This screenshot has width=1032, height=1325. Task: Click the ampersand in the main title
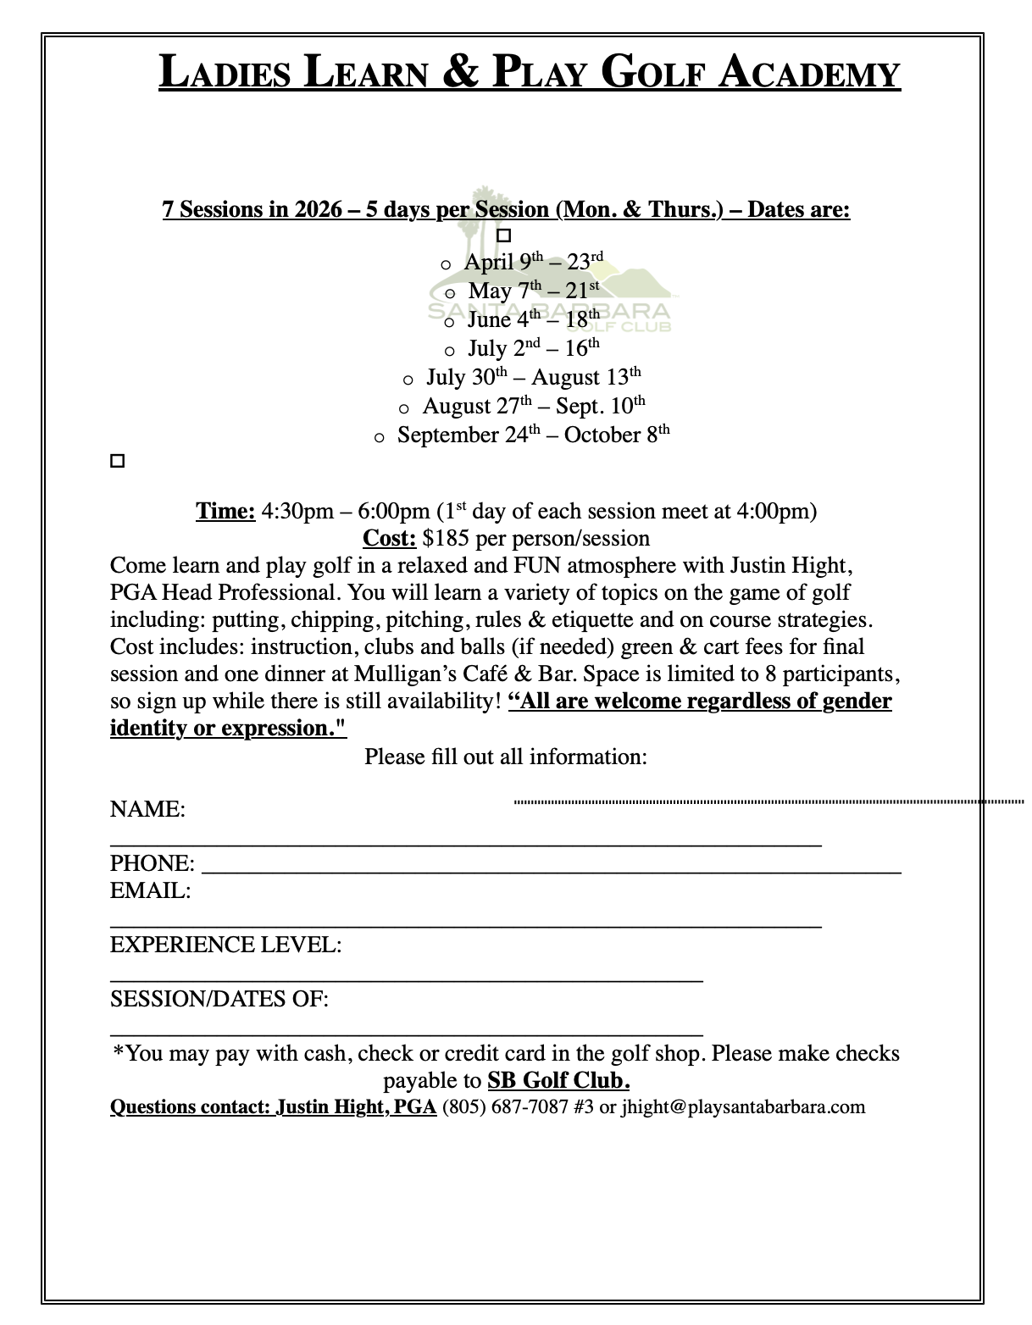pos(462,72)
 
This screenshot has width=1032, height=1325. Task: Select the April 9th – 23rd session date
pos(533,261)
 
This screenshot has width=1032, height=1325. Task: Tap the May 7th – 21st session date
pos(534,290)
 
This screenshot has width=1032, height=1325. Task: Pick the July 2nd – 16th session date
pos(533,348)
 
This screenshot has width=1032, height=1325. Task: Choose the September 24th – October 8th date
pos(533,435)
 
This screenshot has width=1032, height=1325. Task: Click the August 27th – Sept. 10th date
pos(534,406)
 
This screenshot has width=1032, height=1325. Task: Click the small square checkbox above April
pos(504,235)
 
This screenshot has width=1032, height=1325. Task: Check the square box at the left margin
pos(118,462)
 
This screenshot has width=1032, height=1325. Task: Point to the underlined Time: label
pos(225,511)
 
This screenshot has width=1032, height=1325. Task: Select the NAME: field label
pos(147,809)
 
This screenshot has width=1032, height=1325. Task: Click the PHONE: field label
pos(152,863)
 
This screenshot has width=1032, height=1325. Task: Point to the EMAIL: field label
pos(150,890)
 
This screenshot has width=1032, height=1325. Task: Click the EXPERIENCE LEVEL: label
pos(225,945)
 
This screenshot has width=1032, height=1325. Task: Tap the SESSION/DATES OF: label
pos(219,999)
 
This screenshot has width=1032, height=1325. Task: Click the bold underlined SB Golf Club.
pos(558,1080)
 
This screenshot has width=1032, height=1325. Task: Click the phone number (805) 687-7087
pos(505,1106)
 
